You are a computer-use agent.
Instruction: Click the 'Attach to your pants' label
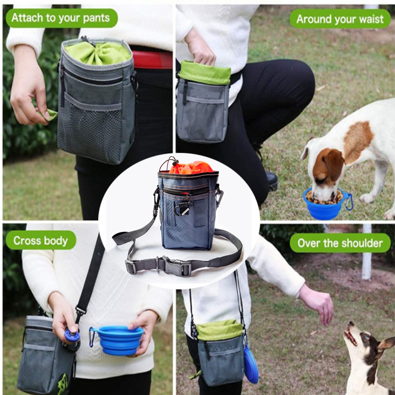click(x=62, y=18)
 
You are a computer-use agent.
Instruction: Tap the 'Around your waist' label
click(x=340, y=19)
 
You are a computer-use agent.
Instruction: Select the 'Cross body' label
click(x=41, y=240)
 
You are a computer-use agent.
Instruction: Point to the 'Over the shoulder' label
click(x=340, y=243)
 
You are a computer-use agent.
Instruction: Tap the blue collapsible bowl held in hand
click(x=118, y=340)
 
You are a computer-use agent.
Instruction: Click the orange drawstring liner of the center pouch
click(x=191, y=167)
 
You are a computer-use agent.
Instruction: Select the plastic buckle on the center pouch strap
click(x=173, y=265)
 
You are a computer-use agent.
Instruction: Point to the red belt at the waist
click(x=152, y=60)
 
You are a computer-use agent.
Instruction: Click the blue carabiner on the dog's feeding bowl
click(x=349, y=201)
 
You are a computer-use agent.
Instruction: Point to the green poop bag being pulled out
click(x=49, y=115)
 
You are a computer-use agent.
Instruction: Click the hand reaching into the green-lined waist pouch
click(x=200, y=48)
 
